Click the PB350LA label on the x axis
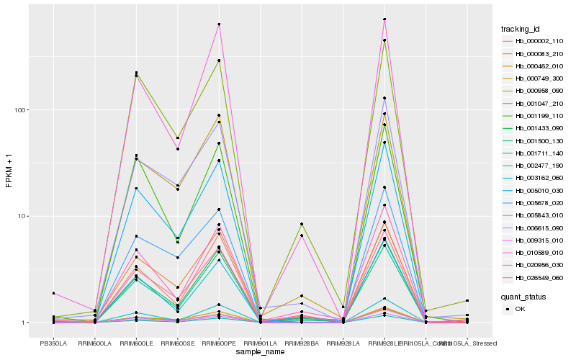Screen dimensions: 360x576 pos(53,343)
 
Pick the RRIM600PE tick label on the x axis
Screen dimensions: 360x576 pos(219,343)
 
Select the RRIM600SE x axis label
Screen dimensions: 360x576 pos(177,343)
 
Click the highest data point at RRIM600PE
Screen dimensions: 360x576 pos(219,24)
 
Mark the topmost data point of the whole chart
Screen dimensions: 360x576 pos(384,19)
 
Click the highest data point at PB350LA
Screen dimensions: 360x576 pos(53,293)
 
